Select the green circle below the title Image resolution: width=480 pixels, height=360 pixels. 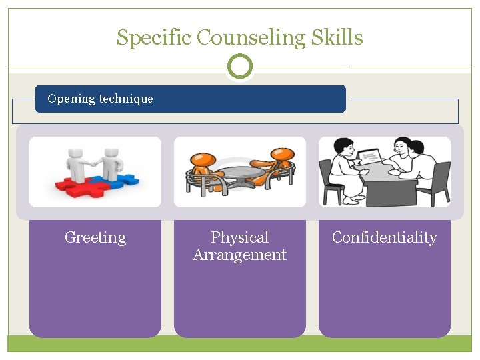[x=240, y=67]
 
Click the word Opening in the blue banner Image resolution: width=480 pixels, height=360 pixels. [x=71, y=99]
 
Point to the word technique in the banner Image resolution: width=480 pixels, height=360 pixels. [x=126, y=99]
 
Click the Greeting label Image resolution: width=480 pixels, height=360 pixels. [x=95, y=237]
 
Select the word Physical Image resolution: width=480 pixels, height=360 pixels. [x=239, y=237]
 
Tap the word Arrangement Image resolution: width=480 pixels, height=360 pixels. [x=239, y=255]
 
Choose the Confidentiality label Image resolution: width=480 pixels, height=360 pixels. [x=384, y=237]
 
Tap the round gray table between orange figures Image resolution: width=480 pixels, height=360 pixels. [x=240, y=173]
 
